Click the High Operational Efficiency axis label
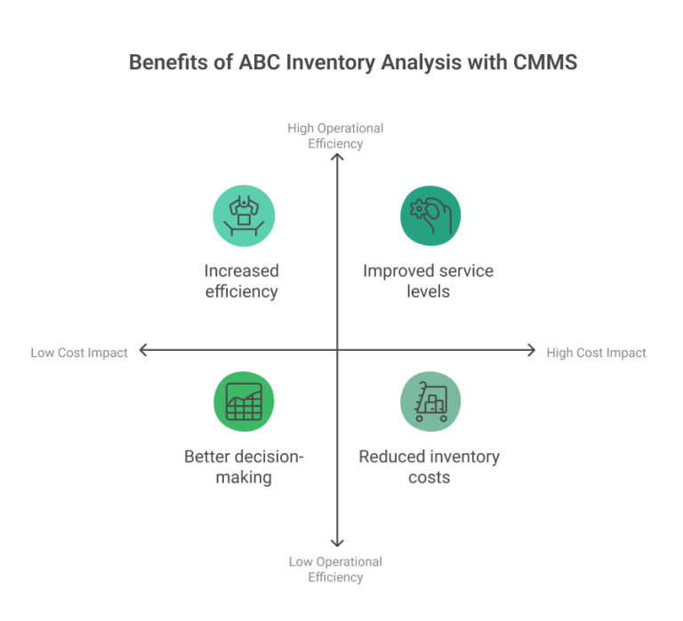point(335,135)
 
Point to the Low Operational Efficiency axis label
point(335,569)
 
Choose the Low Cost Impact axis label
point(79,353)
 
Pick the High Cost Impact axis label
point(597,353)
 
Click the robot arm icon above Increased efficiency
point(243,216)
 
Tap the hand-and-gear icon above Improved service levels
point(430,216)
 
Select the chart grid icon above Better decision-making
point(243,402)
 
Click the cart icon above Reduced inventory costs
point(430,402)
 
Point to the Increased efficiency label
point(242,281)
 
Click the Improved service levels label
point(428,281)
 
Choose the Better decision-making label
point(243,467)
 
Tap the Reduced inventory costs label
point(429,467)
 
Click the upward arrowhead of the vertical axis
point(337,158)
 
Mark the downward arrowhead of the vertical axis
point(337,543)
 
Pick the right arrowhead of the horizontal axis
point(532,351)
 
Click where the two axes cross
point(337,351)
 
